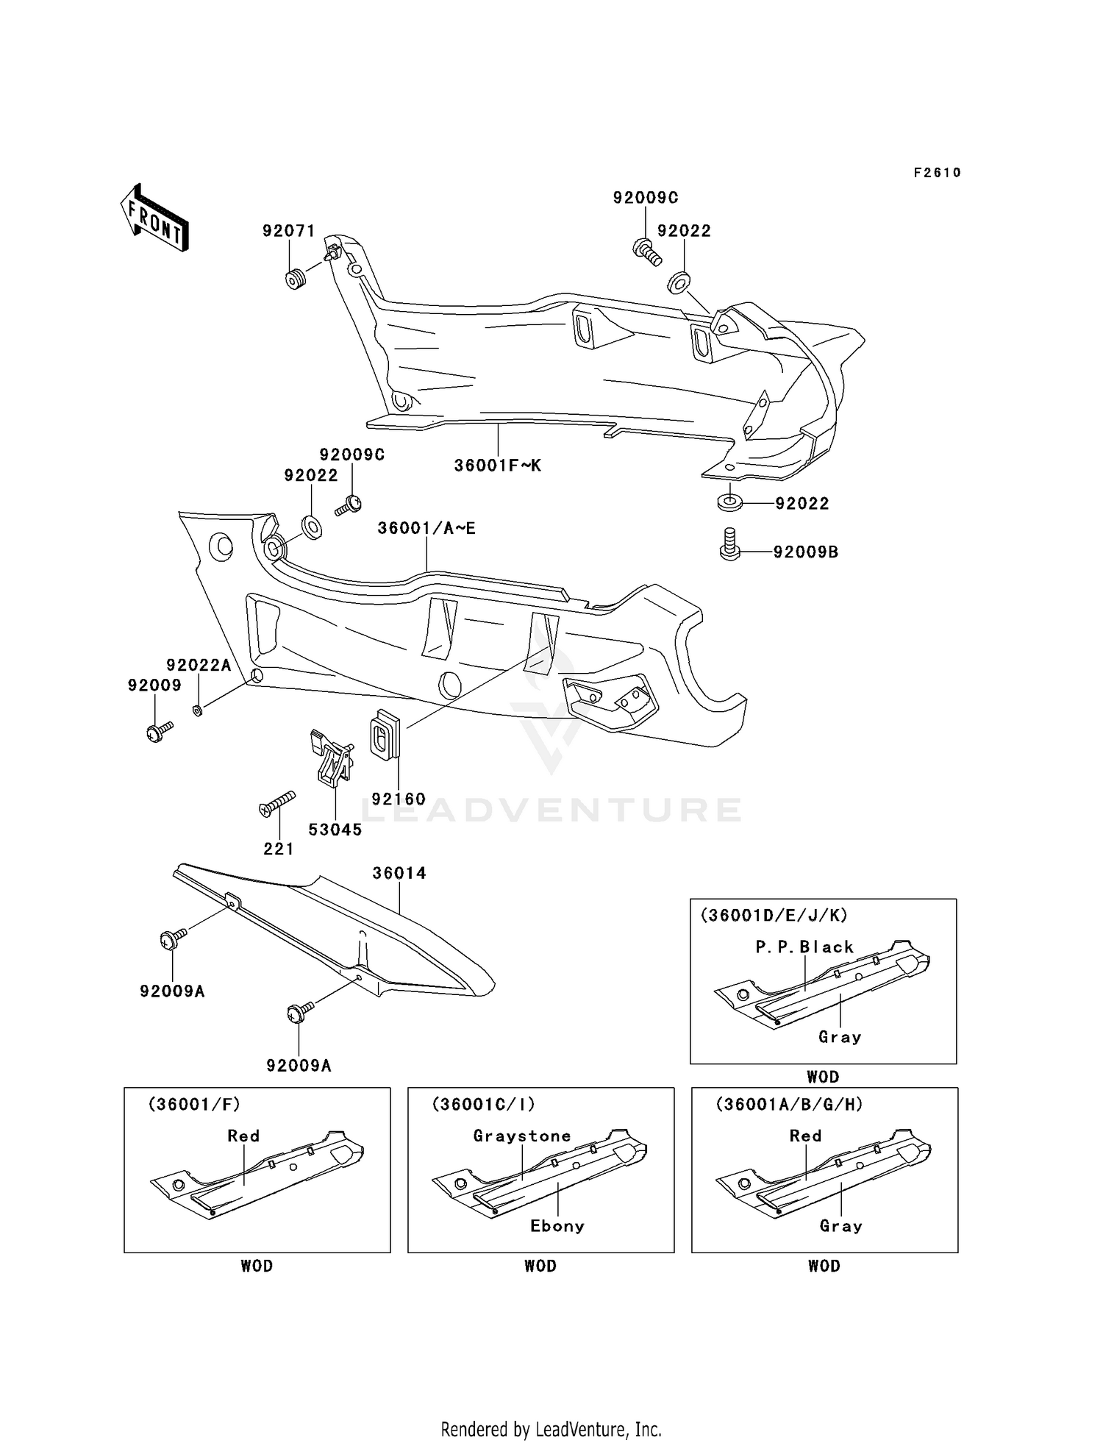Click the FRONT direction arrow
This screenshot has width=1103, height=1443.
pos(155,218)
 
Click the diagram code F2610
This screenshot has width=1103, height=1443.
pos(937,173)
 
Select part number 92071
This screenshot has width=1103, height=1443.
pos(288,231)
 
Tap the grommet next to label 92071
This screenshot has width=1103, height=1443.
pos(296,279)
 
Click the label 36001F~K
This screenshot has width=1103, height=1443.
pos(497,466)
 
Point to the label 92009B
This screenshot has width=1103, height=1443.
pos(805,552)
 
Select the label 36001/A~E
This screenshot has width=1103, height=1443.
pos(426,528)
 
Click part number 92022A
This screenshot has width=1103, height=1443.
pos(199,665)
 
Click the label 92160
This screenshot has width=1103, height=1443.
pos(398,799)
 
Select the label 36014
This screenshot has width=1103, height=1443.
pos(399,873)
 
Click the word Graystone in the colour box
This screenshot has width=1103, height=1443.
pos(522,1136)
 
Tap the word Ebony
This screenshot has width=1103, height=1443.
pos(557,1226)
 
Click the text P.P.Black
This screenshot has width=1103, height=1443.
pos(804,947)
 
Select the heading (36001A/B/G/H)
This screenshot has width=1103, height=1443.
pos(789,1104)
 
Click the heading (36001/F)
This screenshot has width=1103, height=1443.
pos(194,1104)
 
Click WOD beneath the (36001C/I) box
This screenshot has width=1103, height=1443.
pos(540,1266)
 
